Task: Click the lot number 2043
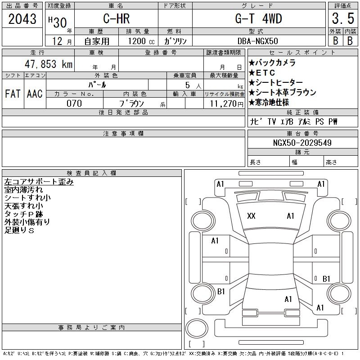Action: (22, 19)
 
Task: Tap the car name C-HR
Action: (117, 18)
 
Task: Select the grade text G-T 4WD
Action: (258, 18)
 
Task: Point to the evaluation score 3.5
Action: (343, 18)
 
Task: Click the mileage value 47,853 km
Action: (49, 64)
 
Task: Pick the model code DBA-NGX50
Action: (257, 41)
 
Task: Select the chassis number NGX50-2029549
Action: (302, 143)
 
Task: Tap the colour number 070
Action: (74, 103)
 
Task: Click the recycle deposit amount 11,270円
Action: (227, 104)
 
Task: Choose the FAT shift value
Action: (13, 94)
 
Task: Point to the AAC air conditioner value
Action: (35, 94)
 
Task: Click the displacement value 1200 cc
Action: (141, 41)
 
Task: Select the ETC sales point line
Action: (262, 73)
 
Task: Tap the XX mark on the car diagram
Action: (251, 216)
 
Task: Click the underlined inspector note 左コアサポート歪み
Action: (39, 182)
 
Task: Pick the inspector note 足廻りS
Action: (19, 230)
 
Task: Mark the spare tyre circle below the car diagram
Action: (197, 328)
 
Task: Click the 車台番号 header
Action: (302, 133)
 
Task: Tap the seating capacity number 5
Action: (188, 85)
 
